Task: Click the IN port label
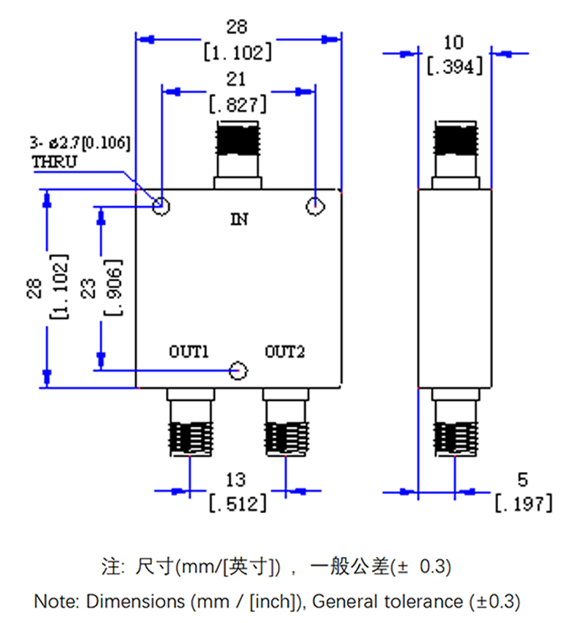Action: (x=239, y=218)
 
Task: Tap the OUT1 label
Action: (x=190, y=353)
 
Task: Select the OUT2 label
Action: (x=284, y=353)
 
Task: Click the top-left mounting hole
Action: (x=161, y=205)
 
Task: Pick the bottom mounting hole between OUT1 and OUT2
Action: (x=238, y=372)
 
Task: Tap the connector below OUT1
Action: (x=190, y=425)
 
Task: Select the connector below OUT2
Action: (x=285, y=425)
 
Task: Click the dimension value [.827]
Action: (x=237, y=105)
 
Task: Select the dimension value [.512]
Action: (x=238, y=504)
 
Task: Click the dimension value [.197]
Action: (x=522, y=504)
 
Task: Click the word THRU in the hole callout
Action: (x=54, y=162)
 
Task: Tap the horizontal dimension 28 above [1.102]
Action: (x=236, y=27)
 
